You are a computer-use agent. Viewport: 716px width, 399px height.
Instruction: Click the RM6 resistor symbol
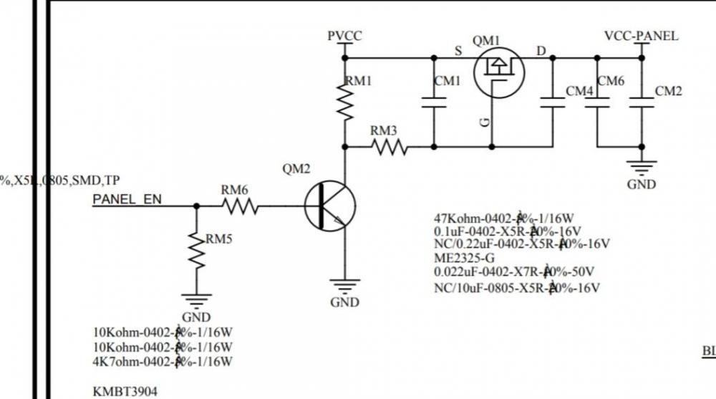pos(239,206)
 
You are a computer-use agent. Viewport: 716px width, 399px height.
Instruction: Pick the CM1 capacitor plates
pos(434,102)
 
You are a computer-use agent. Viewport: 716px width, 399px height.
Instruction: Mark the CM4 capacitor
pos(552,102)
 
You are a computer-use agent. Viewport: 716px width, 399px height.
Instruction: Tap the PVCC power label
pos(344,36)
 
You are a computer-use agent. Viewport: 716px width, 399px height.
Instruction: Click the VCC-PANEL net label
pos(642,36)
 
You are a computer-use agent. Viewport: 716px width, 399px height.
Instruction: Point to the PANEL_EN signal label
pos(127,199)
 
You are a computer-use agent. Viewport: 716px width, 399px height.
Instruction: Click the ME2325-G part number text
pos(465,258)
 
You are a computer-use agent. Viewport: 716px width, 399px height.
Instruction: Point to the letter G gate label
pos(485,123)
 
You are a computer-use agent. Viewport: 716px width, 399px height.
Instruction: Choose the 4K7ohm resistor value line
pos(163,362)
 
